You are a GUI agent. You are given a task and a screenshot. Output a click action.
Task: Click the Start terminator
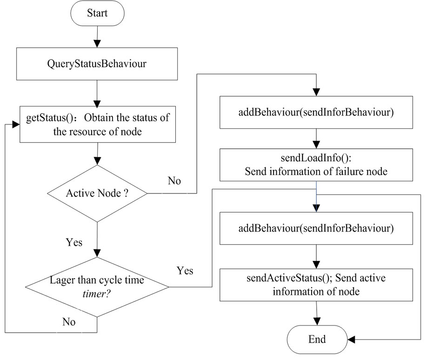point(97,13)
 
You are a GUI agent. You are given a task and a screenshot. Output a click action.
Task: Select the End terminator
point(317,339)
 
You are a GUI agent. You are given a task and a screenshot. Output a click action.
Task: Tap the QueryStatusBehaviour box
point(97,63)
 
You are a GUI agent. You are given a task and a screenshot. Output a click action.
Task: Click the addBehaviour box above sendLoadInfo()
point(317,112)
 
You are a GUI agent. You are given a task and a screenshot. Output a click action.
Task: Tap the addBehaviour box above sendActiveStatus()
point(317,228)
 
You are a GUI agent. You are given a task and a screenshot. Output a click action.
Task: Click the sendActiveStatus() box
point(317,285)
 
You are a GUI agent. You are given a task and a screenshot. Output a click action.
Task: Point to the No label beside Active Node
point(174,181)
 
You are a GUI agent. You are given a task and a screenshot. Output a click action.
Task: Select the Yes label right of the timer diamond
point(185,270)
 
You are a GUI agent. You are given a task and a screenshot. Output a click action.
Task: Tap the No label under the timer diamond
point(68,321)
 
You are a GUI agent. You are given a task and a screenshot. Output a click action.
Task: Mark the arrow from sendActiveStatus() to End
point(317,314)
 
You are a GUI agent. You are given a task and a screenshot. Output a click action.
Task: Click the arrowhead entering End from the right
point(352,339)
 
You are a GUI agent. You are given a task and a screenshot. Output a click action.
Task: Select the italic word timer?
point(97,293)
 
